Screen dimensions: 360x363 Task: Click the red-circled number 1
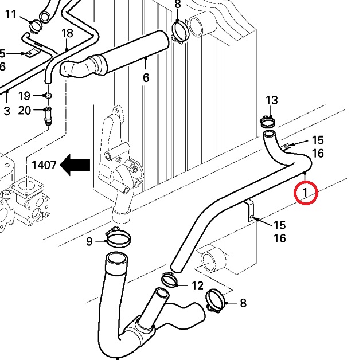(x=306, y=192)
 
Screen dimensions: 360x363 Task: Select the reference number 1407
(x=44, y=166)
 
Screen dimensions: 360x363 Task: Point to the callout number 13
(x=271, y=100)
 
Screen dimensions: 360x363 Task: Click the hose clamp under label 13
(x=268, y=121)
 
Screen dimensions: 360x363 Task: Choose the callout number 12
(x=197, y=285)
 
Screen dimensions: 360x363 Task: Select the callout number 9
(x=89, y=241)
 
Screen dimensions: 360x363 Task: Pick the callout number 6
(x=146, y=78)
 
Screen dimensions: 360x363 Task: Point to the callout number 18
(x=67, y=33)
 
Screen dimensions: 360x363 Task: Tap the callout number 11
(x=11, y=14)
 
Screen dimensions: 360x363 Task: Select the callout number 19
(x=24, y=95)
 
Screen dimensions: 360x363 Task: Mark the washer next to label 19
(x=48, y=95)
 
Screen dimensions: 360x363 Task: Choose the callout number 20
(x=24, y=110)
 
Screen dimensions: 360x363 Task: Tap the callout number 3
(x=7, y=111)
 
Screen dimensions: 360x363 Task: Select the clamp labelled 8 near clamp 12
(x=215, y=301)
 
